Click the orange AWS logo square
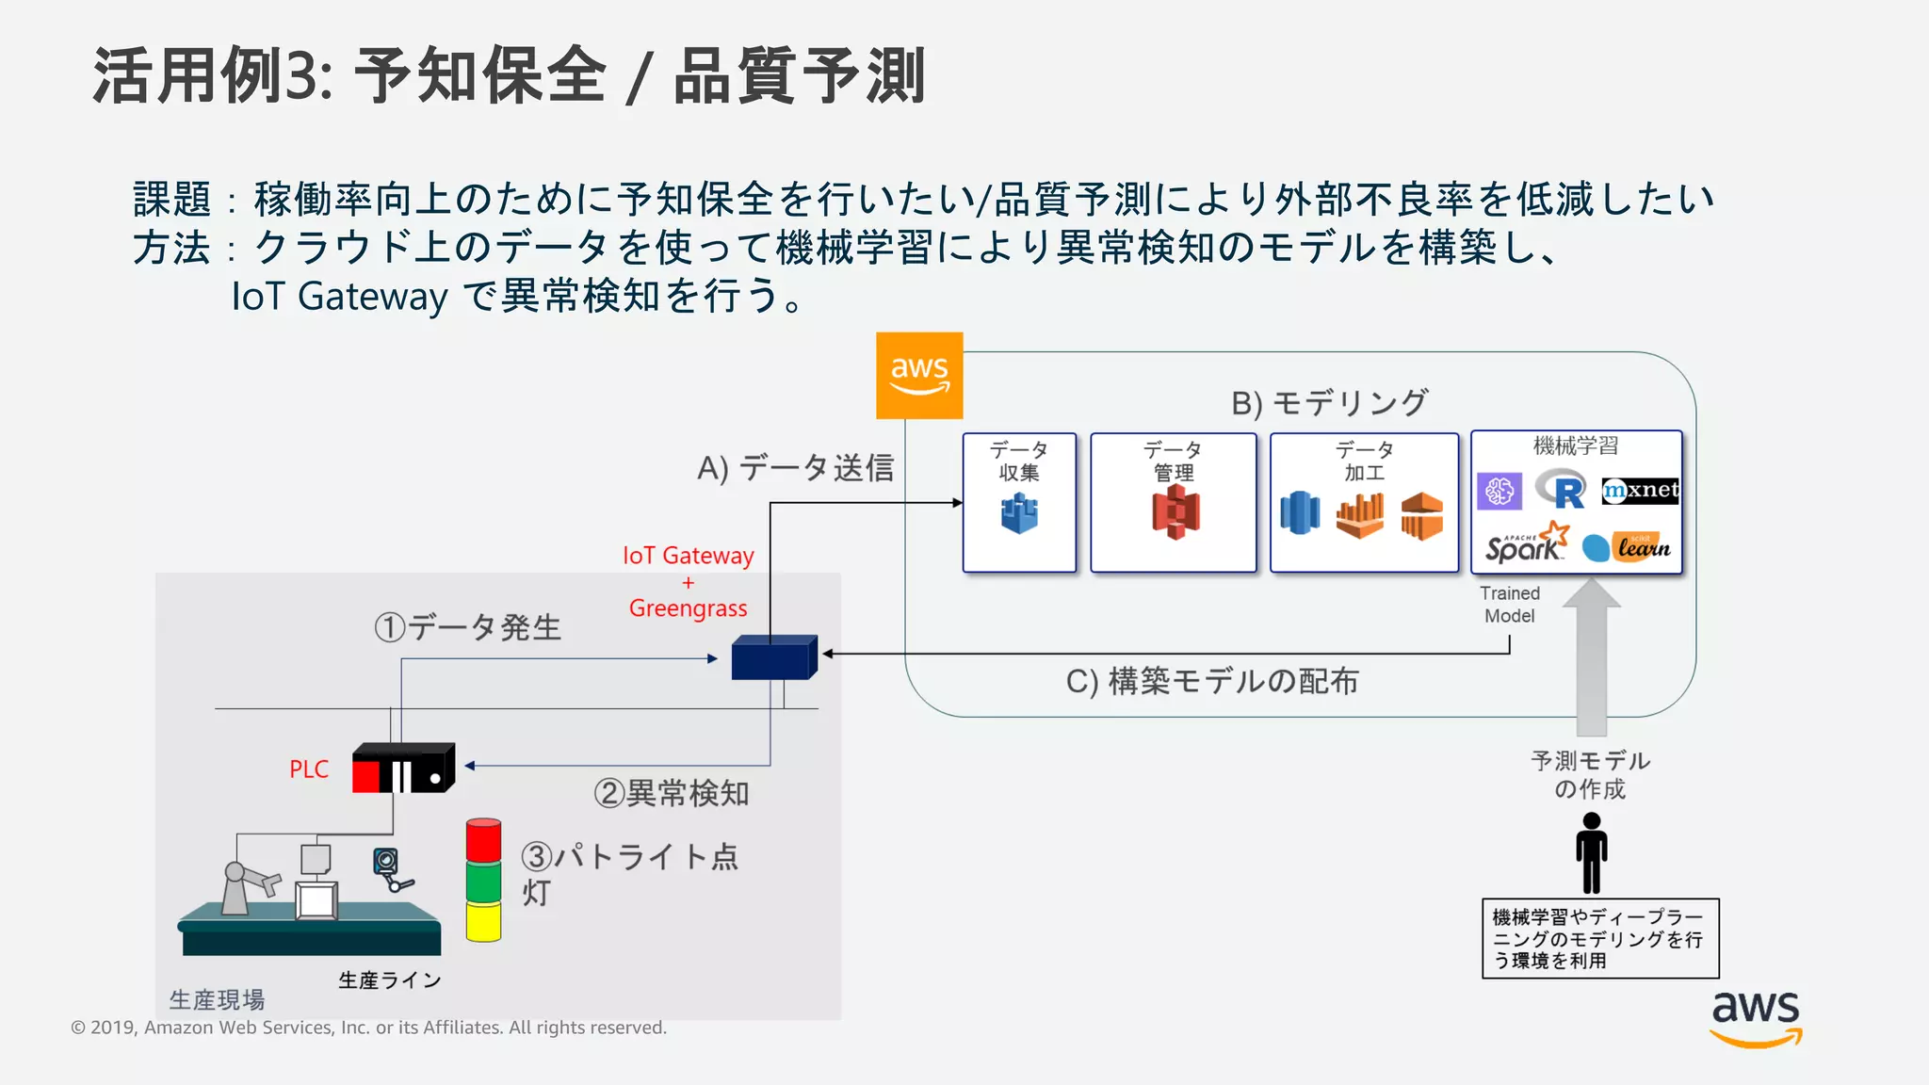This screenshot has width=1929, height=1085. [x=919, y=375]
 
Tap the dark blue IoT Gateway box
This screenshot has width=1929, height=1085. [x=773, y=657]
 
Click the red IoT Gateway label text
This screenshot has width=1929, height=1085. [x=689, y=556]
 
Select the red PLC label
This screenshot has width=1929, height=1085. [x=309, y=769]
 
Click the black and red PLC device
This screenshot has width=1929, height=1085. [x=403, y=769]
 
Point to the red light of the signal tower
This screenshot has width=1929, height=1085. [x=483, y=840]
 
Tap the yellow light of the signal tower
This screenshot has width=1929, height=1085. [x=483, y=921]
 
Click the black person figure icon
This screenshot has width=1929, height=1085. [x=1591, y=852]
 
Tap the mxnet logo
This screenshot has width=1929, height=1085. [x=1640, y=490]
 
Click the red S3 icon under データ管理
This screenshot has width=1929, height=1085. [x=1175, y=512]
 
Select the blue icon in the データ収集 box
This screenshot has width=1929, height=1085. [x=1019, y=513]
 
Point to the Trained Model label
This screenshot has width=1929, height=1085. [x=1509, y=605]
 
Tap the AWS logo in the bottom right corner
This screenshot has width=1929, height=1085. [x=1756, y=1017]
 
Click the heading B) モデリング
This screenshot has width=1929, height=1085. [x=1329, y=403]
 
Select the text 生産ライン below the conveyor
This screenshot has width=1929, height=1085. [x=390, y=980]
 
